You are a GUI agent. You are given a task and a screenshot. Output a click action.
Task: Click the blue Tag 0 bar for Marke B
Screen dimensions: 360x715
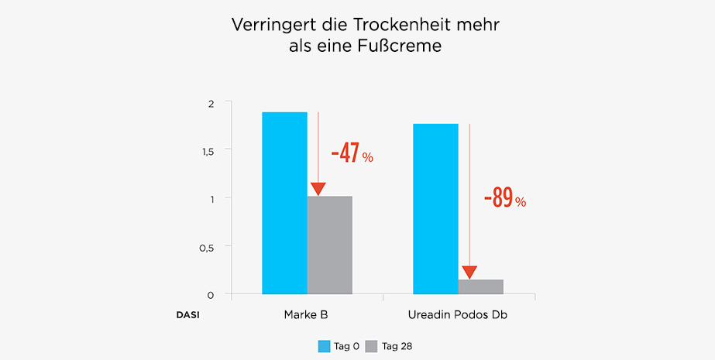(x=284, y=203)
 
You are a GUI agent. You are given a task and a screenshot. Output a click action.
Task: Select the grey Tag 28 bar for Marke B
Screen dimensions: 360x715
(x=329, y=245)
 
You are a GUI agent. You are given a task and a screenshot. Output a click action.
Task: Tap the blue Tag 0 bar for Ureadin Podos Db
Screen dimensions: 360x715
(x=435, y=209)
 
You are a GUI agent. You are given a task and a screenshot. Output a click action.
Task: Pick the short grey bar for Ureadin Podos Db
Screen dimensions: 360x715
(x=480, y=286)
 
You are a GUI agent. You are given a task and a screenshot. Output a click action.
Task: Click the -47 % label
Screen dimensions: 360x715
(x=352, y=154)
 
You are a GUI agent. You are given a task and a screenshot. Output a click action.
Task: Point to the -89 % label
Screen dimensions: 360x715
(x=504, y=200)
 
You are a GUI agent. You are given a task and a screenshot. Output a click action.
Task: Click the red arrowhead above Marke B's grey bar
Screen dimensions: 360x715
(x=318, y=189)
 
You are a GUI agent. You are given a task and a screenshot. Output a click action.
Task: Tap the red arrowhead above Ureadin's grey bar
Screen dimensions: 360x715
(x=469, y=273)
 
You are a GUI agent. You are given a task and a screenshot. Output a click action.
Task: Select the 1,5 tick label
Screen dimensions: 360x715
(x=207, y=150)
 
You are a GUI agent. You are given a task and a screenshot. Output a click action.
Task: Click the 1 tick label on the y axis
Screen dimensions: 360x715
(x=211, y=198)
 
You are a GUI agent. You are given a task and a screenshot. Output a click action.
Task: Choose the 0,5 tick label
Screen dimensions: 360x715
(x=207, y=247)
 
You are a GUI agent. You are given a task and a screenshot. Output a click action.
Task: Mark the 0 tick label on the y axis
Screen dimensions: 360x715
(x=210, y=295)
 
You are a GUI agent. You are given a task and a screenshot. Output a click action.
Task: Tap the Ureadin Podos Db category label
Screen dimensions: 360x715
(x=458, y=316)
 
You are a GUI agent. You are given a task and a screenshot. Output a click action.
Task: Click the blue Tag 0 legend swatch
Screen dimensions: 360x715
(x=325, y=346)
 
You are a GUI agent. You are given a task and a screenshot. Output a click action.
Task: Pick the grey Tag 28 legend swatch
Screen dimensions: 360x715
(x=370, y=346)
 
